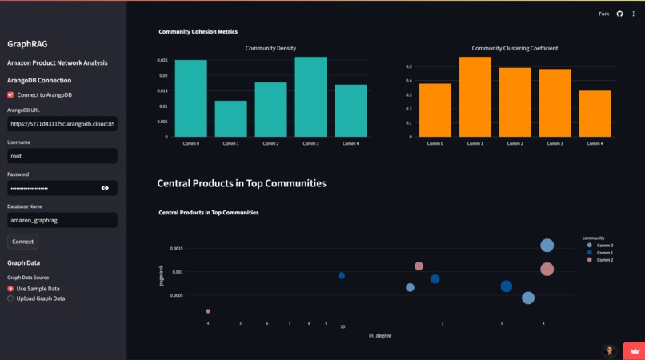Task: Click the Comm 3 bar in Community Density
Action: (310, 97)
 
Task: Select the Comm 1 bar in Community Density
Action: (230, 118)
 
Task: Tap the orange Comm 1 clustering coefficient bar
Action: (475, 97)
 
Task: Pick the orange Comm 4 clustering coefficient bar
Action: (595, 114)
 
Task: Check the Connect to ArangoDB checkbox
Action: (10, 94)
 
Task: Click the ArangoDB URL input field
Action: (62, 124)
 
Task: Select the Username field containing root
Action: (62, 156)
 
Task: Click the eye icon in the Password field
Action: (105, 188)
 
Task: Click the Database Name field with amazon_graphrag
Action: (62, 220)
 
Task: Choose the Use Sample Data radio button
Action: (11, 289)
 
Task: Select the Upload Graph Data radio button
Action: (11, 298)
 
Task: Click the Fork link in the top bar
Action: (603, 14)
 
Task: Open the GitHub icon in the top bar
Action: (619, 14)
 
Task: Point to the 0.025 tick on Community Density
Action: (162, 61)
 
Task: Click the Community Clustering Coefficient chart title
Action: (515, 48)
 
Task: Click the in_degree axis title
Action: (379, 336)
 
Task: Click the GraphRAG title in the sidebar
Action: (27, 44)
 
